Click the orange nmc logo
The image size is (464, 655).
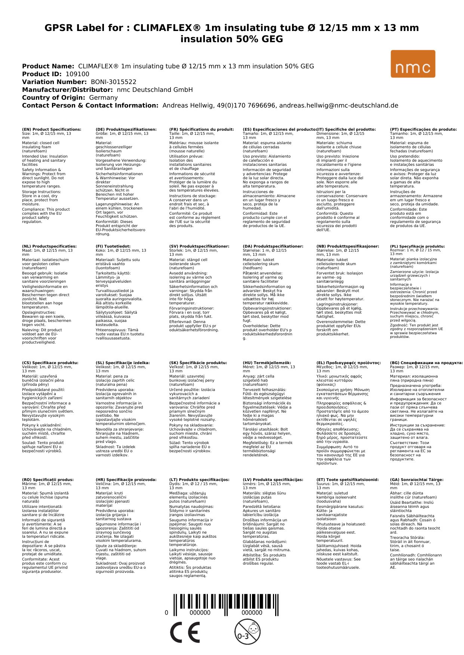click(x=413, y=64)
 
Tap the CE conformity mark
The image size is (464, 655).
click(x=185, y=633)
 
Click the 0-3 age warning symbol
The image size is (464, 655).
click(x=247, y=631)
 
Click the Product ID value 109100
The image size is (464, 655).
click(x=77, y=74)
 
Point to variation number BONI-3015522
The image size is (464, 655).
click(x=113, y=82)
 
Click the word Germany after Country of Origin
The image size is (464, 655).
click(x=103, y=97)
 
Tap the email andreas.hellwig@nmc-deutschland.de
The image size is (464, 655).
click(x=339, y=105)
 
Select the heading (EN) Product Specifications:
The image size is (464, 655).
click(x=52, y=130)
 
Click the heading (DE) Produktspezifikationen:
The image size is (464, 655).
click(x=126, y=130)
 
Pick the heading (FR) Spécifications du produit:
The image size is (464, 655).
click(x=202, y=130)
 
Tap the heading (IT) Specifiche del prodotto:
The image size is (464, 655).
click(x=346, y=130)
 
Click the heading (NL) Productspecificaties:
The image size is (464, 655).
click(x=49, y=246)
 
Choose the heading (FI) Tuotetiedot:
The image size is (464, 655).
click(x=113, y=246)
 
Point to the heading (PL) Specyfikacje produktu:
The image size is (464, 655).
click(x=417, y=246)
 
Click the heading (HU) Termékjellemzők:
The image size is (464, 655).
click(x=267, y=363)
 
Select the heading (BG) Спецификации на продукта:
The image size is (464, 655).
click(x=426, y=363)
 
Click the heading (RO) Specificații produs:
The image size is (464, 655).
click(x=48, y=479)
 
